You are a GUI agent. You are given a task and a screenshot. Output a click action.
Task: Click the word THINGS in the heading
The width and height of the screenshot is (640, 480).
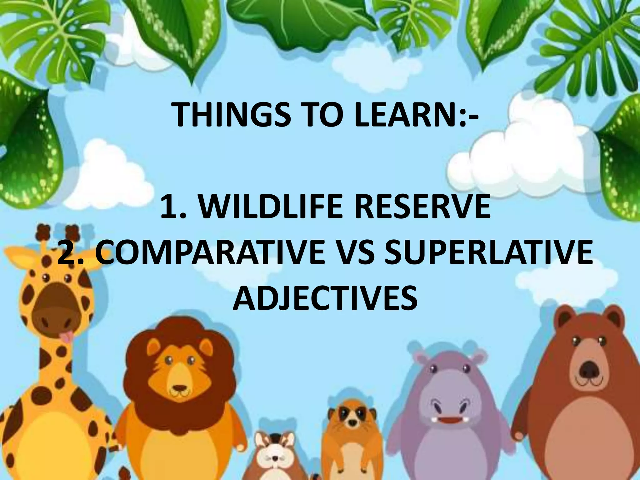231,114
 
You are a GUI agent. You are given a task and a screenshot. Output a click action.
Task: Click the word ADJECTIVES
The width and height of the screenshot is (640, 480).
325,298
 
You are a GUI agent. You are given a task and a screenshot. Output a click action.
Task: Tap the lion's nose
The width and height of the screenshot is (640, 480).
180,389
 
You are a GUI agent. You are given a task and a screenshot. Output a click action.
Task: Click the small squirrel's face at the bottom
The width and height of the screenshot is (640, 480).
274,455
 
